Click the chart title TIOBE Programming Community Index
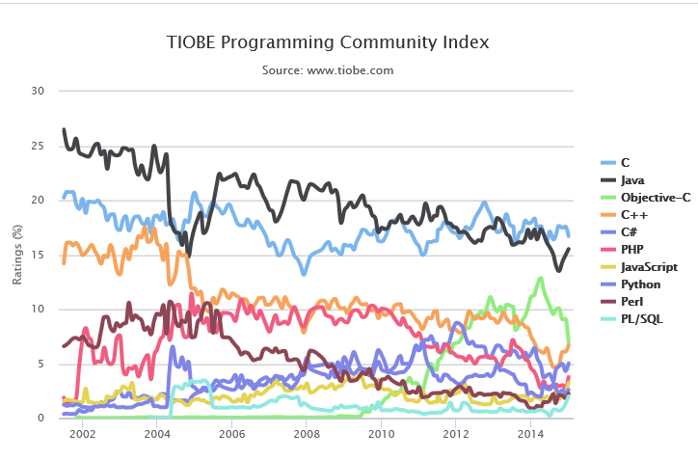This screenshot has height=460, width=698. (328, 42)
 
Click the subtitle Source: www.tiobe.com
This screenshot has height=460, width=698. (328, 70)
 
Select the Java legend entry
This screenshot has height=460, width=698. (632, 179)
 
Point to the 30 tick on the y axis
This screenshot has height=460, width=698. (39, 92)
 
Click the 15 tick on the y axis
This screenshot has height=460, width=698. (39, 255)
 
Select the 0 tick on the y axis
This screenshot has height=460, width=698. (41, 419)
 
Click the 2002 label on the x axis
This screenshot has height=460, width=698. (82, 435)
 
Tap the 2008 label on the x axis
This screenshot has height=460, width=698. (307, 435)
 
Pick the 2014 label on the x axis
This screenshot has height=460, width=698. (530, 435)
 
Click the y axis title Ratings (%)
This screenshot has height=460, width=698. (16, 255)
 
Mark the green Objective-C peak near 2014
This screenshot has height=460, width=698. (541, 278)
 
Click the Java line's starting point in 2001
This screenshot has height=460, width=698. (64, 129)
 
